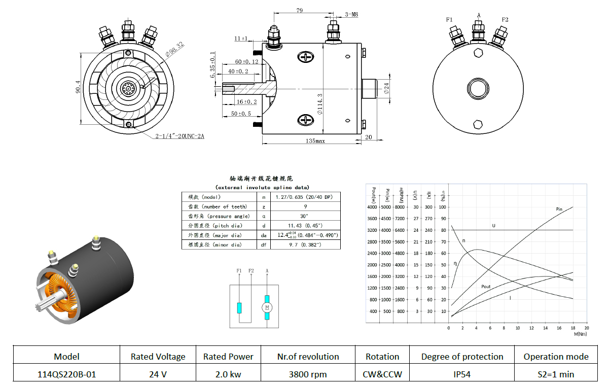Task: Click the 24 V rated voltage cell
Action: pyautogui.click(x=158, y=375)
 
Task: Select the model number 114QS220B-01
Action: pyautogui.click(x=66, y=375)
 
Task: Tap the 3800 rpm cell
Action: pyautogui.click(x=308, y=375)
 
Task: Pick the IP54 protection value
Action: pyautogui.click(x=462, y=375)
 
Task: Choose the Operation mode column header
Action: pyautogui.click(x=556, y=357)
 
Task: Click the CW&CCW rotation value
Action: pyautogui.click(x=382, y=375)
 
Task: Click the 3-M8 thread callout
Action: pyautogui.click(x=351, y=15)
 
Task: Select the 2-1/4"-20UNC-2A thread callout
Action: pyautogui.click(x=181, y=136)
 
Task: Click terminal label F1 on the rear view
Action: pyautogui.click(x=450, y=19)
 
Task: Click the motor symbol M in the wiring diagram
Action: pyautogui.click(x=267, y=307)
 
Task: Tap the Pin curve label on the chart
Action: pyautogui.click(x=559, y=209)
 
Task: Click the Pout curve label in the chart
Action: pyautogui.click(x=486, y=287)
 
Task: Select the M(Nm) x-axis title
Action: pyautogui.click(x=581, y=334)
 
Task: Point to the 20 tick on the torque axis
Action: pyautogui.click(x=587, y=328)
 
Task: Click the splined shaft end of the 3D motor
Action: pyautogui.click(x=42, y=307)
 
